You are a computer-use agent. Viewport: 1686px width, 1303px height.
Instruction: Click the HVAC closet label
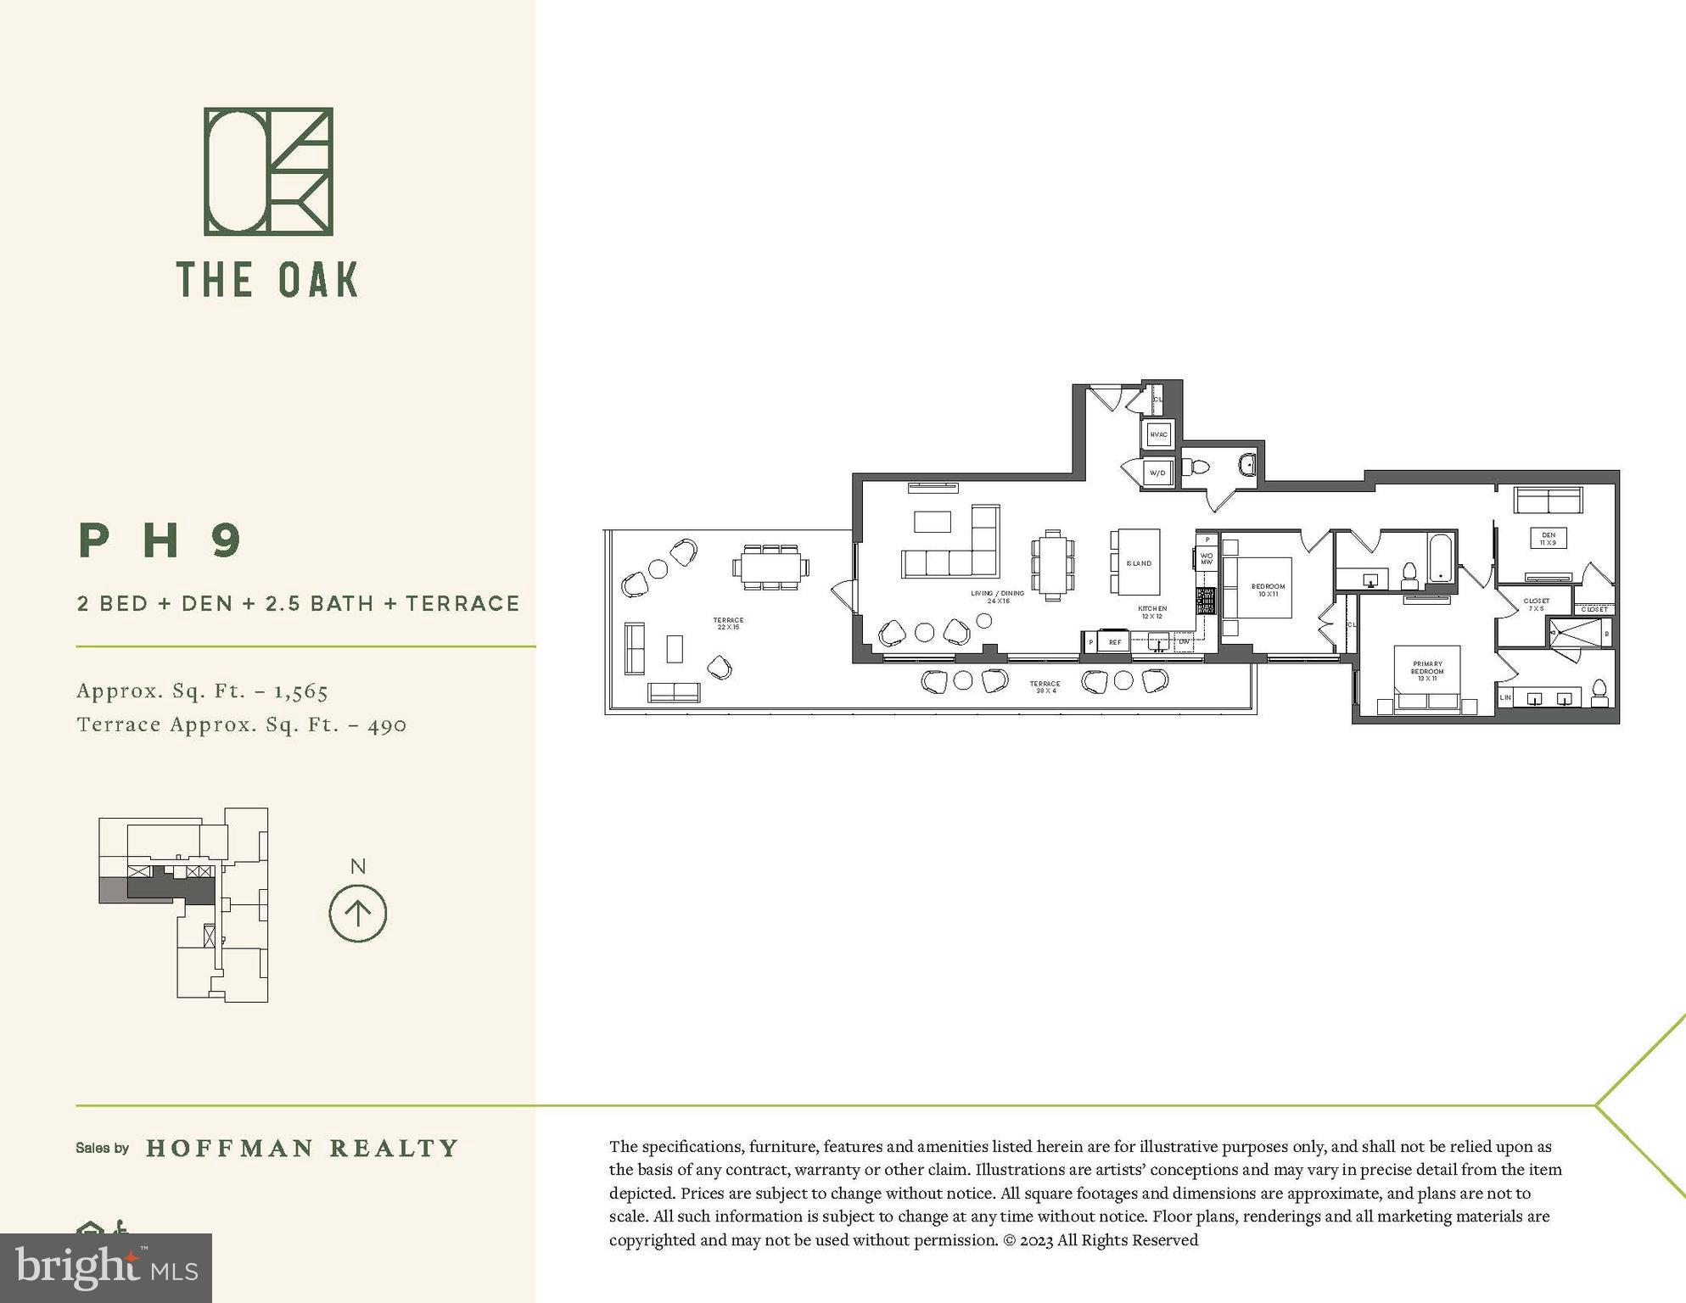[x=1158, y=434]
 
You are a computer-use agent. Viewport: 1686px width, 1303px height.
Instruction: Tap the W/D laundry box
[x=1157, y=473]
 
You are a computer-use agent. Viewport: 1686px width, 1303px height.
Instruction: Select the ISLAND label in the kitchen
[x=1139, y=563]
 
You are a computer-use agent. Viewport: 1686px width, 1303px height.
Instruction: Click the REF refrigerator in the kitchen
[x=1115, y=642]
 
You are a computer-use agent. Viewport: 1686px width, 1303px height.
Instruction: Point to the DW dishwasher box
[x=1184, y=642]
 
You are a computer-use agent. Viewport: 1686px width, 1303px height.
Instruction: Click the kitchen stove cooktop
[x=1206, y=601]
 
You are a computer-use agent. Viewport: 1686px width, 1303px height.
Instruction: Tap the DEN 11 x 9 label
[x=1549, y=539]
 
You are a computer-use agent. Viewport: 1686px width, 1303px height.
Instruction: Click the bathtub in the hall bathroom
[x=1441, y=558]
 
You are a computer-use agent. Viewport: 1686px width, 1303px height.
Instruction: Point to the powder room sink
[x=1247, y=464]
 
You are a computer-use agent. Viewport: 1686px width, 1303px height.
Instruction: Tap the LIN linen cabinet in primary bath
[x=1506, y=697]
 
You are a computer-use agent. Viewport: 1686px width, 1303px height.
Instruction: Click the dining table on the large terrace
[x=770, y=567]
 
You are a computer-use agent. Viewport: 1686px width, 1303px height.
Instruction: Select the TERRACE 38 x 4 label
[x=1045, y=686]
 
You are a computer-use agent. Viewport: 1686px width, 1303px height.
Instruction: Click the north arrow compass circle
[x=357, y=914]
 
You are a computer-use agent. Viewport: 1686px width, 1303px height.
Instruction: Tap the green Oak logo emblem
[x=268, y=171]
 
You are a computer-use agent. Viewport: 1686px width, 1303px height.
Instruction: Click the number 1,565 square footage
[x=300, y=691]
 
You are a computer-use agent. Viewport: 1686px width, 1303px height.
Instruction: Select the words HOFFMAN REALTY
[x=302, y=1148]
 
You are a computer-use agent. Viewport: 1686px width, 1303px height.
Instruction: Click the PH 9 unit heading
[x=161, y=540]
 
